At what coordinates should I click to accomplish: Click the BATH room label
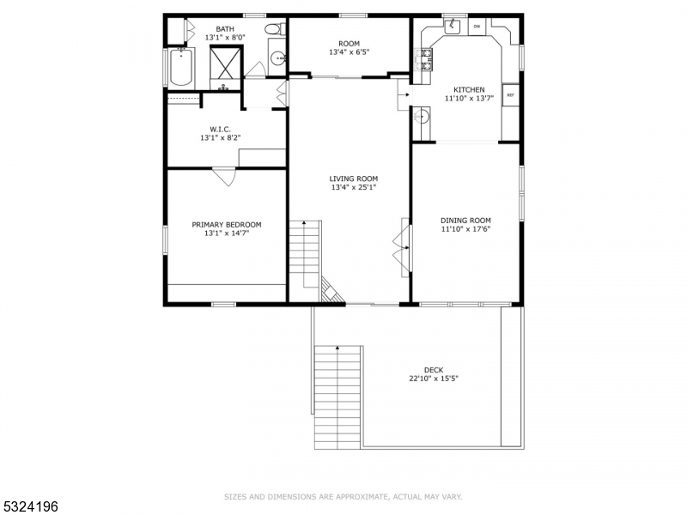(x=224, y=28)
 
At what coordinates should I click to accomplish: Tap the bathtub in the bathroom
(x=180, y=67)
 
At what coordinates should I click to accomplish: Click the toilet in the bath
(x=274, y=31)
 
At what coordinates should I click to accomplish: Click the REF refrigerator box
(x=510, y=95)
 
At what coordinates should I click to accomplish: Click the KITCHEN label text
(x=469, y=89)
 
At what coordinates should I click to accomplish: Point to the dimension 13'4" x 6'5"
(x=349, y=52)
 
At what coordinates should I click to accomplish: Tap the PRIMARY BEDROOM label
(x=226, y=225)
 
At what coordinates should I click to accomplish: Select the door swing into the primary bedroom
(x=224, y=176)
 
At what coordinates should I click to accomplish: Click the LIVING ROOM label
(x=353, y=179)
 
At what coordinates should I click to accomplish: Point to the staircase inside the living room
(x=305, y=253)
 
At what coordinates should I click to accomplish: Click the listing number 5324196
(x=30, y=507)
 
